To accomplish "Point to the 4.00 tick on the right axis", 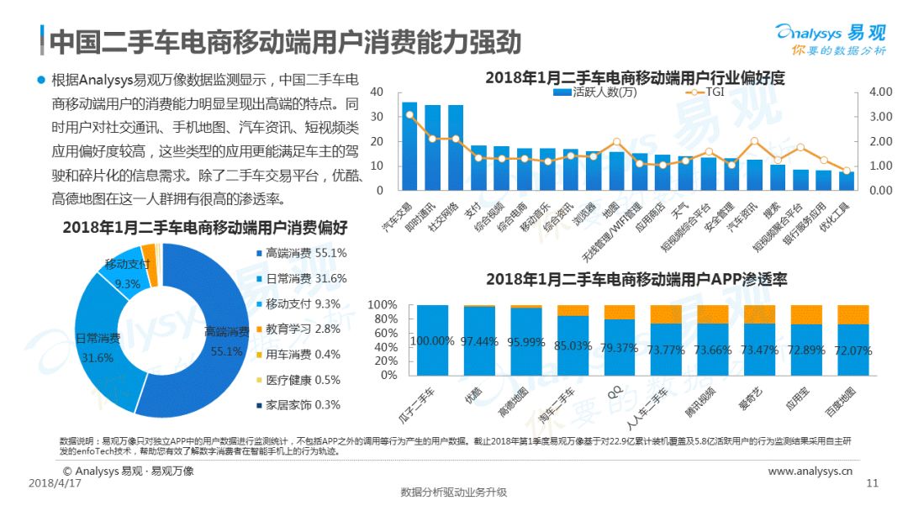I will pyautogui.click(x=880, y=92).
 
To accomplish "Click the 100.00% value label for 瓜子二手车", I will pyautogui.click(x=433, y=341).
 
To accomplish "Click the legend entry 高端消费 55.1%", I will pyautogui.click(x=300, y=253).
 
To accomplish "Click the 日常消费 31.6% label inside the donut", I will pyautogui.click(x=98, y=348).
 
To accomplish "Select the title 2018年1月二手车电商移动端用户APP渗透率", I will pyautogui.click(x=636, y=279).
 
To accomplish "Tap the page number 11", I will pyautogui.click(x=872, y=483).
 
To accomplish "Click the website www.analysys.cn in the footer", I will pyautogui.click(x=810, y=471).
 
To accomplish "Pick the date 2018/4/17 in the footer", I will pyautogui.click(x=55, y=483).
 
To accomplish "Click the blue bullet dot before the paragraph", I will pyautogui.click(x=40, y=79).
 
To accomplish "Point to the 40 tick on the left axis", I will pyautogui.click(x=376, y=92).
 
